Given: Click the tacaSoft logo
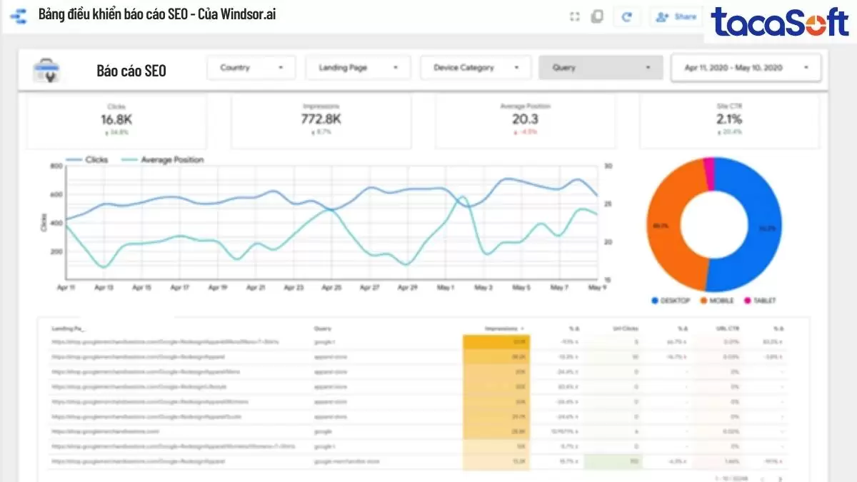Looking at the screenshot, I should pos(779,23).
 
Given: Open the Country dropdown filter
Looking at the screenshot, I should pos(251,68).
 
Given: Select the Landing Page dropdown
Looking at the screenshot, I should pos(358,68).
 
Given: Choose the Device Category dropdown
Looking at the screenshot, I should pos(475,68).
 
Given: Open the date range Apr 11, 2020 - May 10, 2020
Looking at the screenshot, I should pos(746,68).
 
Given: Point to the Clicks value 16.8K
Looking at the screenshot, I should pos(116,119).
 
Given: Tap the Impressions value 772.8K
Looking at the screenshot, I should pos(321,119).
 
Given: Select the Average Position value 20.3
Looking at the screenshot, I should pos(525,119).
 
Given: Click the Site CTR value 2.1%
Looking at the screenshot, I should pos(729,119).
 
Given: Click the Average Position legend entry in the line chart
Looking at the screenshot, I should pos(171,160).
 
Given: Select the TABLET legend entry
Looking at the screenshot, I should pos(763,301).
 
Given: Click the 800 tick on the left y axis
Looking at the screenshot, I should pos(56,166).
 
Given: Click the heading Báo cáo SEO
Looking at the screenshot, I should pos(131,71).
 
